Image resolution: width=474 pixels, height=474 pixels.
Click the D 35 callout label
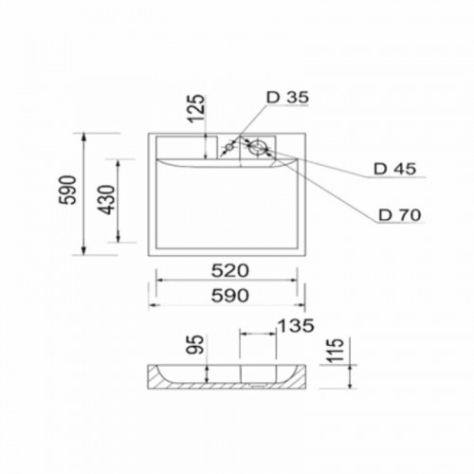click(x=287, y=98)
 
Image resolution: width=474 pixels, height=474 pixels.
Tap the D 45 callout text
click(x=394, y=169)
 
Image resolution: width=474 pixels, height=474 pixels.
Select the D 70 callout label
click(x=400, y=215)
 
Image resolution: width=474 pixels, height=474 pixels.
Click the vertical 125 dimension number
click(x=196, y=108)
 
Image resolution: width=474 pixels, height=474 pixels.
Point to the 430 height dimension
click(x=105, y=200)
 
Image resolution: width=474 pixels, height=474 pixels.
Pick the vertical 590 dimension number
click(x=68, y=190)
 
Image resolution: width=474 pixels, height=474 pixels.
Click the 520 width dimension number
click(x=230, y=271)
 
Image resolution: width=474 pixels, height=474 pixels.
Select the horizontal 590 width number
click(x=230, y=296)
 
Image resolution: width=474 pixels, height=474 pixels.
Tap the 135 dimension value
click(x=296, y=325)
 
